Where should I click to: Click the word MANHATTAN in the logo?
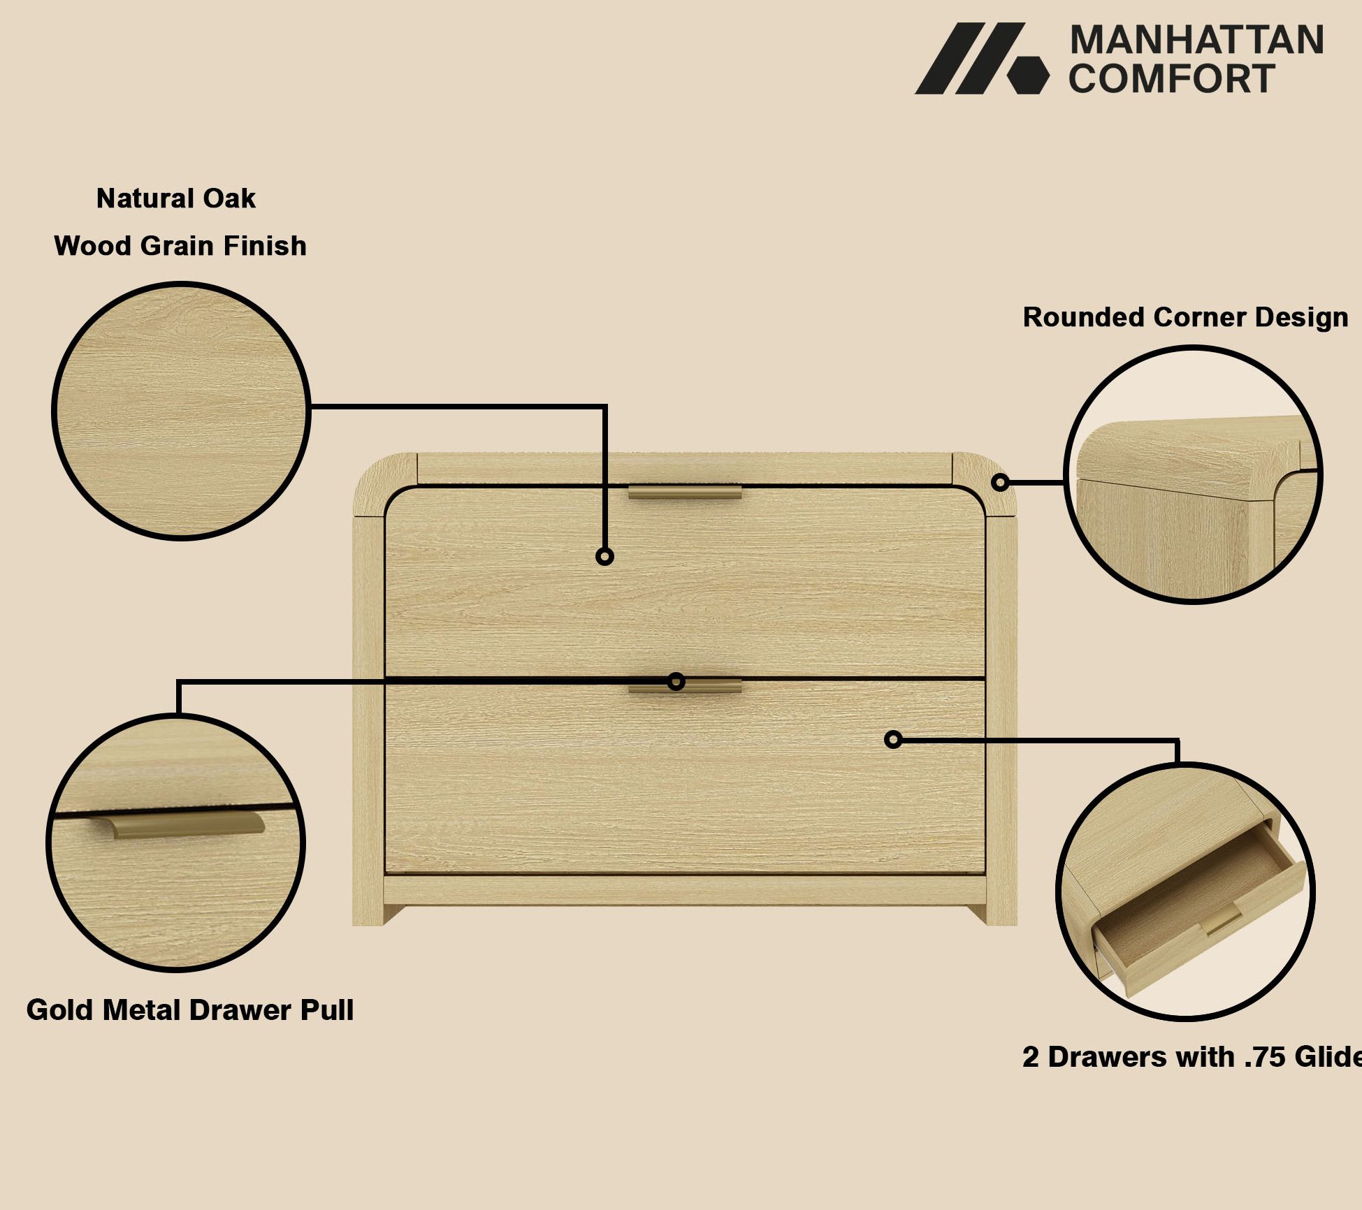tap(1196, 40)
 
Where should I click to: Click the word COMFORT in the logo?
tap(1171, 78)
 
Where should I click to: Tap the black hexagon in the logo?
tap(1028, 75)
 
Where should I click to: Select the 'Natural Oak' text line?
tap(176, 198)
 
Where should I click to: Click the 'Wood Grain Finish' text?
tap(180, 246)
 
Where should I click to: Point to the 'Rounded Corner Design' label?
tap(1185, 317)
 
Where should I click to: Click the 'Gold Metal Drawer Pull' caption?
tap(190, 1010)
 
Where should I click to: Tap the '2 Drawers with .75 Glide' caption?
tap(1192, 1057)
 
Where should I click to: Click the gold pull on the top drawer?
tap(685, 492)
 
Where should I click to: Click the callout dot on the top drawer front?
tap(605, 556)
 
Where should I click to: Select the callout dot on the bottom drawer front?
tap(893, 739)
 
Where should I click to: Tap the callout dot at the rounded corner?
tap(1001, 482)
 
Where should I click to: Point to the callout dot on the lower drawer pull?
tap(676, 681)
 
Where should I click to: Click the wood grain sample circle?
tap(181, 411)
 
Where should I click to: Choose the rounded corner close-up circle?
tap(1193, 474)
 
